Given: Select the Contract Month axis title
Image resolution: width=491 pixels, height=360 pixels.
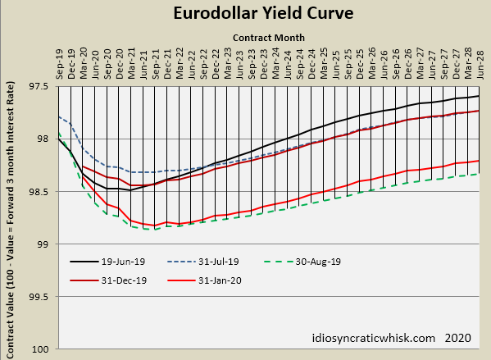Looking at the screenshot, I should click(268, 38).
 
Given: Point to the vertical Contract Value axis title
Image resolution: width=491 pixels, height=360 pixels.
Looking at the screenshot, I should click(11, 216).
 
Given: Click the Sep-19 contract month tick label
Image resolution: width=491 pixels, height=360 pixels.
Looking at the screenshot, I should click(60, 64).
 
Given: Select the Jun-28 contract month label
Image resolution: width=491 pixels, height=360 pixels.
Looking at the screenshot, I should click(480, 64).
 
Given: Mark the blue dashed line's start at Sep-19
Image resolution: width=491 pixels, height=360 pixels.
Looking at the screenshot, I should click(60, 116).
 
